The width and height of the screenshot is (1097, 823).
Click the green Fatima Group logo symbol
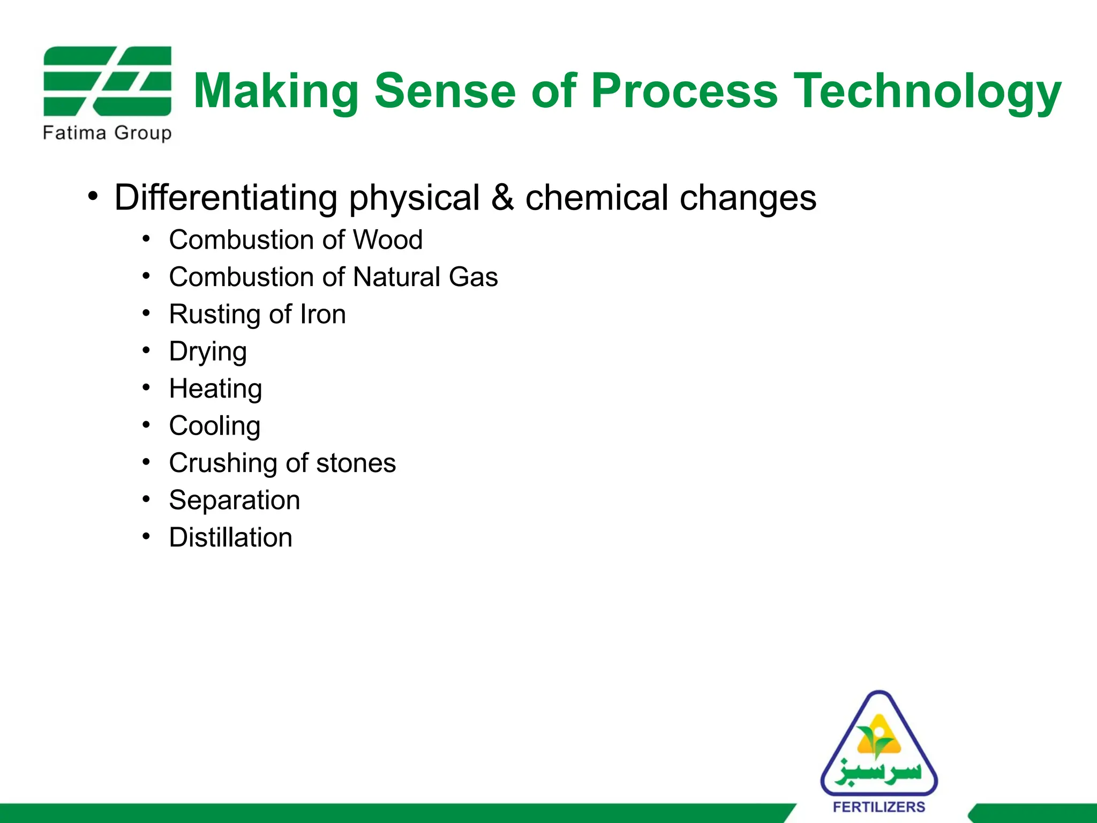[x=107, y=81]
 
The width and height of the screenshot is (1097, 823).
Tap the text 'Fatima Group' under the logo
[x=107, y=132]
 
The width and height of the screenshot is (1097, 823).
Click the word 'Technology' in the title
[x=927, y=91]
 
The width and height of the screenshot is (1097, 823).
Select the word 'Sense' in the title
[x=445, y=91]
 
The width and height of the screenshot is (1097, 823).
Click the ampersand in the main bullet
[x=502, y=197]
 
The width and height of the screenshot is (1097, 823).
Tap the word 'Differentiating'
[x=226, y=197]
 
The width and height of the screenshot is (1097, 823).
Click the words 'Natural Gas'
[x=425, y=277]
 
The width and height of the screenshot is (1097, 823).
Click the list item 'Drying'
[x=208, y=352]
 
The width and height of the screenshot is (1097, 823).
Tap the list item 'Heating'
[x=215, y=389]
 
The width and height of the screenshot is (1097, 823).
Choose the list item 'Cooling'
[x=215, y=426]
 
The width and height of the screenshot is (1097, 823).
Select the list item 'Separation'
[x=234, y=500]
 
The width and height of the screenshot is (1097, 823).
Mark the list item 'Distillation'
[x=230, y=537]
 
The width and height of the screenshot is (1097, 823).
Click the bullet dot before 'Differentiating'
[x=94, y=197]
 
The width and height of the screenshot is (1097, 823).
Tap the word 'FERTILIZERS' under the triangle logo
[x=879, y=807]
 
